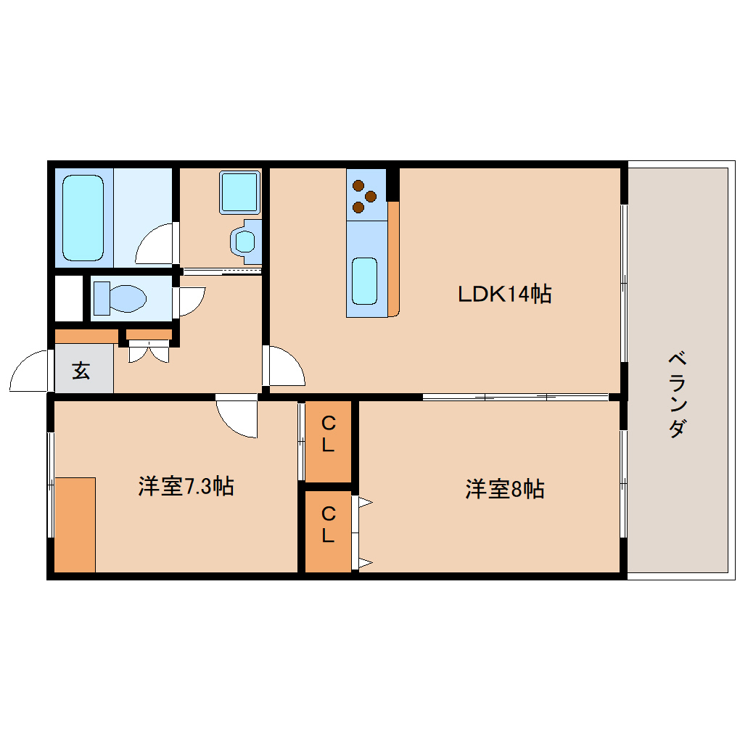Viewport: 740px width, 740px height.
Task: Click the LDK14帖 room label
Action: pyautogui.click(x=504, y=294)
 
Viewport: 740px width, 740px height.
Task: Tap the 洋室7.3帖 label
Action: pyautogui.click(x=186, y=486)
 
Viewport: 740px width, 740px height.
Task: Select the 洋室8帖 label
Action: pyautogui.click(x=504, y=489)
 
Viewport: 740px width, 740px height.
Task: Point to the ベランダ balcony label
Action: pyautogui.click(x=677, y=395)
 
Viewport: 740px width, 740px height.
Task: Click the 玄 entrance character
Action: pyautogui.click(x=81, y=371)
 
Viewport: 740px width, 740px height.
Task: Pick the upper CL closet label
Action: pyautogui.click(x=328, y=434)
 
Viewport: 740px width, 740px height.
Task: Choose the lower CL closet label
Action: pyautogui.click(x=328, y=524)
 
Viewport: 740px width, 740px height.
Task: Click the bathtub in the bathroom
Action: pyautogui.click(x=83, y=218)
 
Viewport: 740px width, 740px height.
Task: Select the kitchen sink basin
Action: pyautogui.click(x=364, y=281)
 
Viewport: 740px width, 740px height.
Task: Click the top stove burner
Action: pyautogui.click(x=358, y=185)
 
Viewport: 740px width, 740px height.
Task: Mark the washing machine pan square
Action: pyautogui.click(x=239, y=192)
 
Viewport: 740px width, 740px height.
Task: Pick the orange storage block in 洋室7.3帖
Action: pyautogui.click(x=75, y=525)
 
